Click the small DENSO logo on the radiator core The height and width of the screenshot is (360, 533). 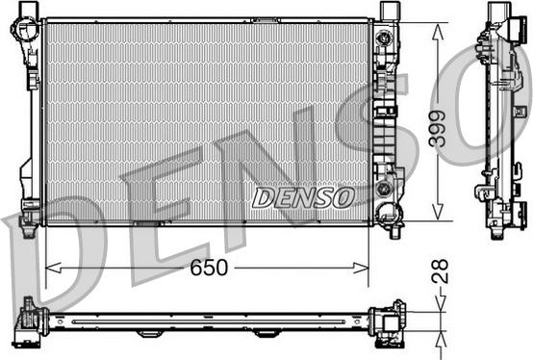[x=303, y=197]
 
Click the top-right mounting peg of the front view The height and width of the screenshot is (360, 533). [x=389, y=11]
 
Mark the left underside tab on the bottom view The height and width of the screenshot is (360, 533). [x=148, y=333]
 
